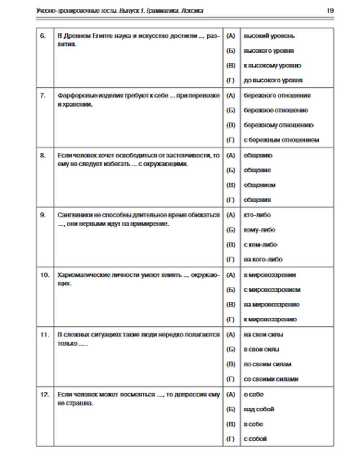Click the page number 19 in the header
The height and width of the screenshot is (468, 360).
[x=330, y=10]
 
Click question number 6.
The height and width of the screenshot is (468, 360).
[x=42, y=36]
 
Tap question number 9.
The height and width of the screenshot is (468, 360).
[x=42, y=215]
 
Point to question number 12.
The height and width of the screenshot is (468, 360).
[x=44, y=394]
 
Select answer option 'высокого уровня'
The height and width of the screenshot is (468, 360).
[x=269, y=51]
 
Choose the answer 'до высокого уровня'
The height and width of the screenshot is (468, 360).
[x=273, y=80]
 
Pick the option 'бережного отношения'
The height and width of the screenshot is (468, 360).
[x=277, y=95]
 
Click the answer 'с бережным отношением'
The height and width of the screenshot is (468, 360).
[x=281, y=140]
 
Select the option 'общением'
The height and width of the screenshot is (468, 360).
[x=259, y=185]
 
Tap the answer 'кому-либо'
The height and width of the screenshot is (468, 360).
[x=259, y=230]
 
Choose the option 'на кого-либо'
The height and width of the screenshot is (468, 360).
[x=263, y=260]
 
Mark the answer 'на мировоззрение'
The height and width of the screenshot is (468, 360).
[x=271, y=305]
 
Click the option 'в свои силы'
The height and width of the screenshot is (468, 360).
[x=261, y=349]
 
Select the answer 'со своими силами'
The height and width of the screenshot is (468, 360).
[x=271, y=379]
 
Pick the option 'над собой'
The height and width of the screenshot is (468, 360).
[x=259, y=409]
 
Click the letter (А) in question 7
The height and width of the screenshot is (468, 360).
[x=230, y=95]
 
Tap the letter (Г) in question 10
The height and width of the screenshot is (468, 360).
[x=230, y=319]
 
